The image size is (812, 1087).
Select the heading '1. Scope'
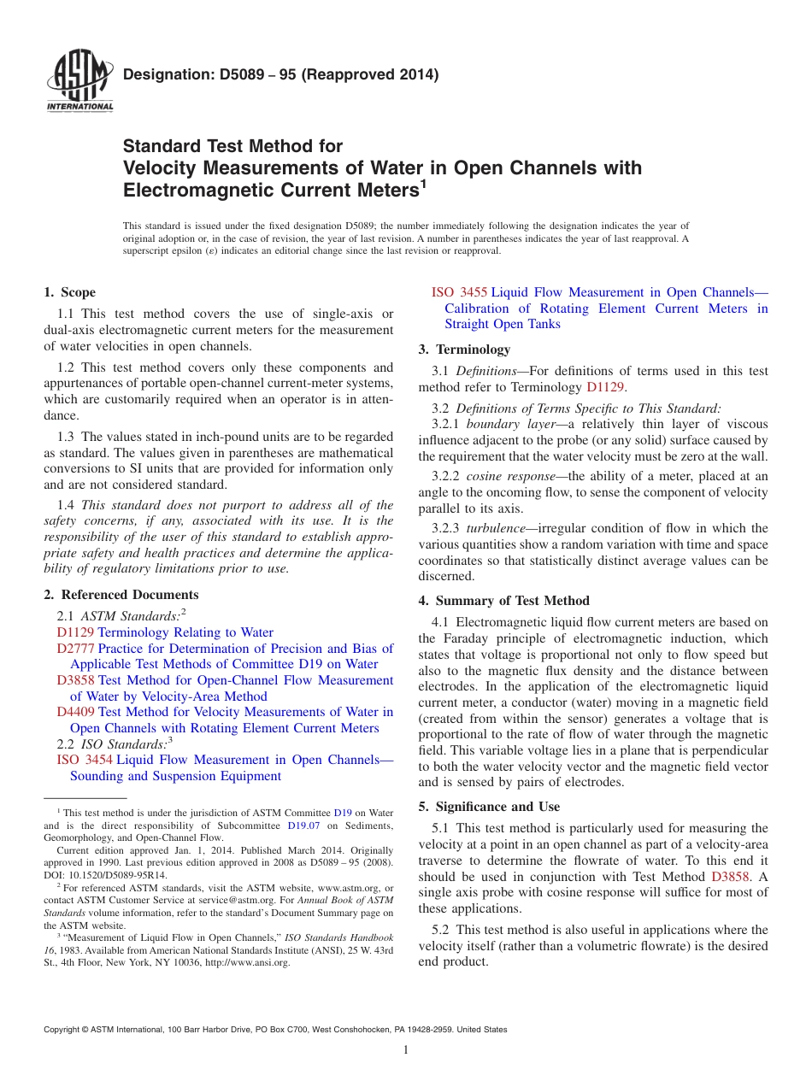point(69,292)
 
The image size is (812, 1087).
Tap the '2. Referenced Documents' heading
point(121,595)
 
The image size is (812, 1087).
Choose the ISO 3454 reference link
point(85,760)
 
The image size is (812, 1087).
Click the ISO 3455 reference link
point(459,292)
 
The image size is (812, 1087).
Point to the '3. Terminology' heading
point(464,349)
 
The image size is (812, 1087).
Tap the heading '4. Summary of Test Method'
point(503,601)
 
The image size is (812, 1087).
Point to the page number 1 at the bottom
point(406,1050)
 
